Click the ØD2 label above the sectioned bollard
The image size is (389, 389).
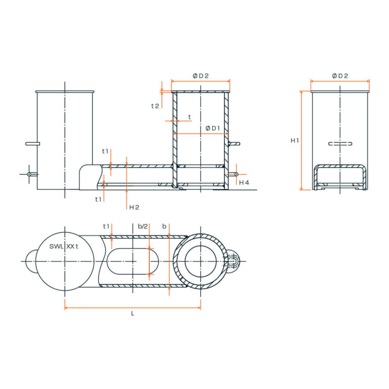pyautogui.click(x=201, y=75)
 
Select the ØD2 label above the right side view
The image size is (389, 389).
pyautogui.click(x=340, y=75)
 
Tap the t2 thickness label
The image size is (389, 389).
pyautogui.click(x=155, y=106)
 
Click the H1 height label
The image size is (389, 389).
pyautogui.click(x=294, y=140)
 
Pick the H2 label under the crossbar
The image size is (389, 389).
pyautogui.click(x=134, y=207)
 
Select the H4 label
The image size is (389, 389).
pyautogui.click(x=244, y=182)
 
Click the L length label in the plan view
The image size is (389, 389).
pyautogui.click(x=133, y=314)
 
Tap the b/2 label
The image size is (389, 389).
pyautogui.click(x=143, y=226)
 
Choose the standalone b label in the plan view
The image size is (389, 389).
pyautogui.click(x=164, y=226)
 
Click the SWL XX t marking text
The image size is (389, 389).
pyautogui.click(x=64, y=246)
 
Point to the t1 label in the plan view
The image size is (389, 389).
pyautogui.click(x=106, y=226)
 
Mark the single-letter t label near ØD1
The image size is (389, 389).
pyautogui.click(x=189, y=117)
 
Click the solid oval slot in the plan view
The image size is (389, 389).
pyautogui.click(x=133, y=261)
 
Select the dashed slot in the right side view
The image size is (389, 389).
pyautogui.click(x=340, y=144)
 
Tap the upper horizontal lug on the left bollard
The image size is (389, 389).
pyautogui.click(x=32, y=143)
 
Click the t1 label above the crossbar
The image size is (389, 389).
pyautogui.click(x=105, y=151)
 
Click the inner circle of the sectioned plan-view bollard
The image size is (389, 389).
pyautogui.click(x=201, y=261)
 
